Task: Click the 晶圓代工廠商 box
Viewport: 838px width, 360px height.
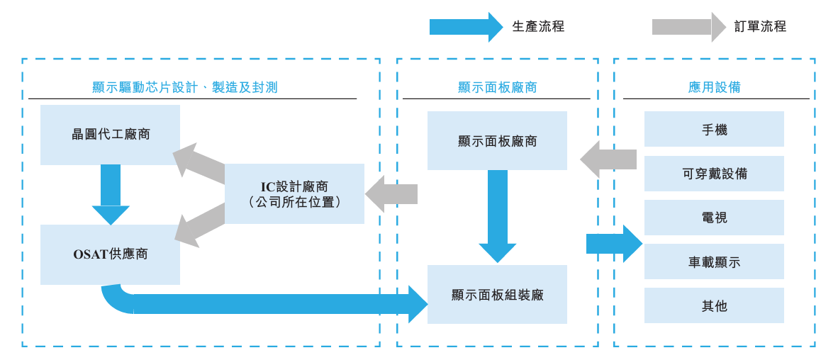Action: point(110,135)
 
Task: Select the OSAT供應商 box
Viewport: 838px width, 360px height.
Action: point(110,254)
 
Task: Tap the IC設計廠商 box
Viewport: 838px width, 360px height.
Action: point(294,193)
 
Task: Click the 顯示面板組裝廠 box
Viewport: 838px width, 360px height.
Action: point(497,295)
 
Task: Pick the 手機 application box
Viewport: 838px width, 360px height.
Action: point(714,130)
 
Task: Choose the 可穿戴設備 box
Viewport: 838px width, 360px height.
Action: point(714,174)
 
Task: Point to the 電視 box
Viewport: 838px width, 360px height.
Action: point(714,218)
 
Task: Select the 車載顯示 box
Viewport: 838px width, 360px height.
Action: point(714,261)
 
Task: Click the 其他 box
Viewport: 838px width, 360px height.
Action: point(714,305)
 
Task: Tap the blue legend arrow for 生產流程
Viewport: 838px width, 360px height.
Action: point(465,27)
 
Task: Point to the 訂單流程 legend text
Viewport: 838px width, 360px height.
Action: point(760,27)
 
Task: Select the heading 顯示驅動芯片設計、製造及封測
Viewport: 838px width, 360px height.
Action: point(184,88)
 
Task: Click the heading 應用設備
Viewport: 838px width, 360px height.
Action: point(714,88)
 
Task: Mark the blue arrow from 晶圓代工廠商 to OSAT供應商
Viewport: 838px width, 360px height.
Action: point(111,193)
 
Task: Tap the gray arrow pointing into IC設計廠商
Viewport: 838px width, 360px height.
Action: point(391,194)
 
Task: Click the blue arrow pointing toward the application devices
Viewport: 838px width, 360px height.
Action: point(614,244)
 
